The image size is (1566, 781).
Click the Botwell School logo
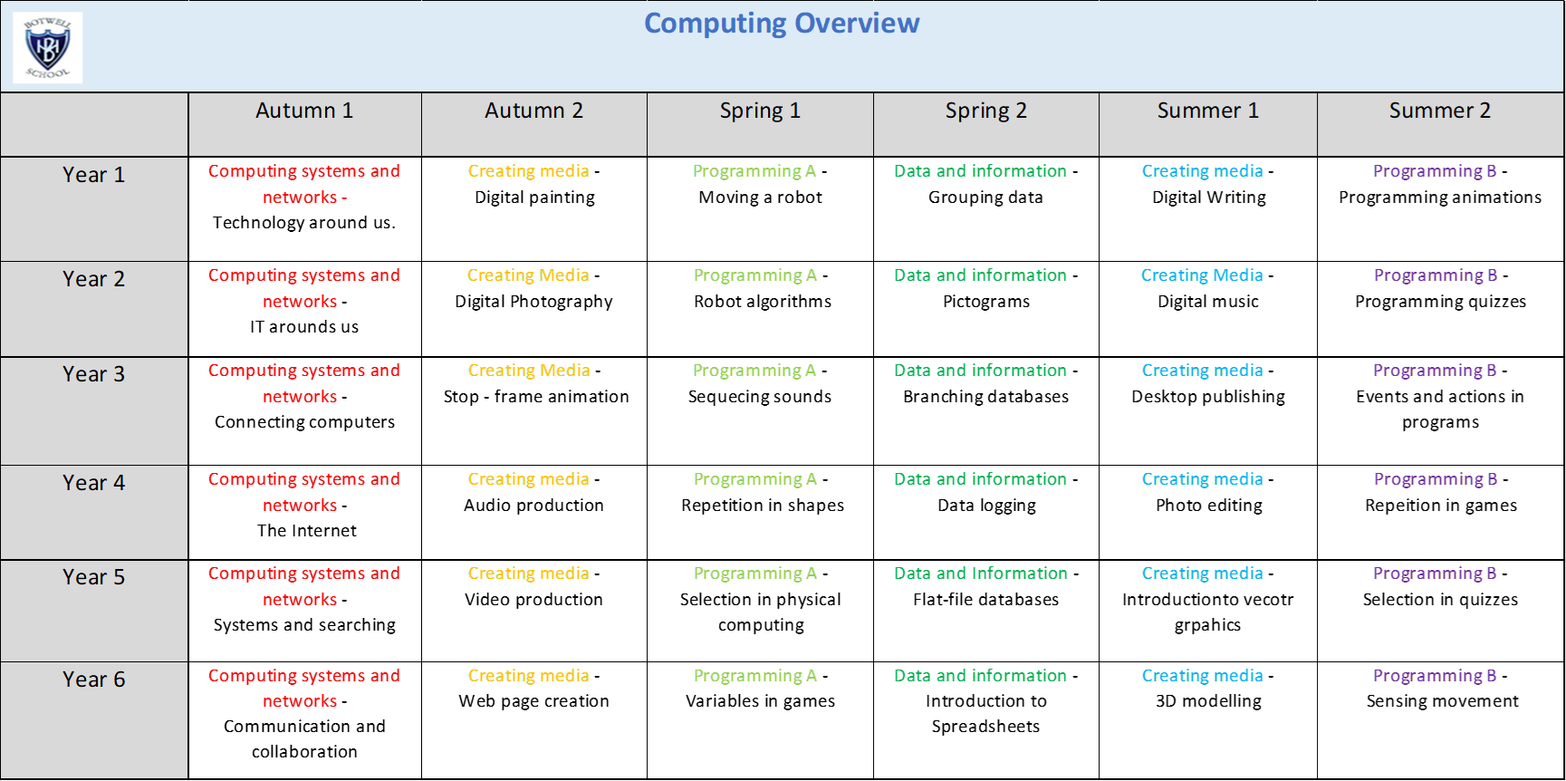click(x=48, y=48)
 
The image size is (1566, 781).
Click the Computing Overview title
click(x=782, y=23)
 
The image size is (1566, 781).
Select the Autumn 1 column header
click(x=304, y=111)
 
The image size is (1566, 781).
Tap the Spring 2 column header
click(x=986, y=111)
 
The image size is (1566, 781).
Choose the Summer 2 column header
click(x=1440, y=111)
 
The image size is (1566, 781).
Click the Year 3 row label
click(x=94, y=374)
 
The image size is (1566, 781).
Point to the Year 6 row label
click(x=94, y=680)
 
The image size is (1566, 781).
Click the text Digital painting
click(x=535, y=198)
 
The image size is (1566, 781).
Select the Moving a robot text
click(x=761, y=198)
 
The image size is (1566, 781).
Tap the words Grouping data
click(x=985, y=198)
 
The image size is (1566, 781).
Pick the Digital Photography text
click(x=534, y=302)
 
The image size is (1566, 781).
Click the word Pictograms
click(x=986, y=302)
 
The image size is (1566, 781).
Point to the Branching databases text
click(x=986, y=397)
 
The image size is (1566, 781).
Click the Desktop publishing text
click(x=1208, y=397)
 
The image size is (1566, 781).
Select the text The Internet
click(x=307, y=531)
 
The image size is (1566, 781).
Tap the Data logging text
click(x=987, y=506)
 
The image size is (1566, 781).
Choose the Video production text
click(x=534, y=600)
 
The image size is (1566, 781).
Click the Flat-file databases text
click(x=986, y=600)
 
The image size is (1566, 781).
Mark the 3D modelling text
click(x=1208, y=701)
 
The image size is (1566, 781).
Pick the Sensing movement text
click(x=1443, y=701)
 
